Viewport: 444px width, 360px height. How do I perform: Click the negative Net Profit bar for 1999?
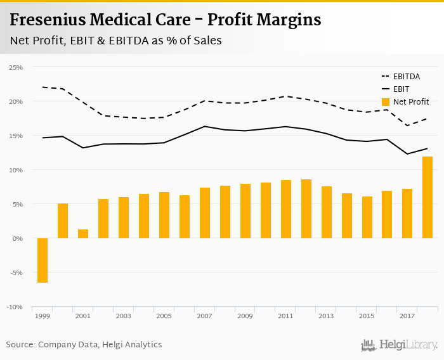(x=42, y=260)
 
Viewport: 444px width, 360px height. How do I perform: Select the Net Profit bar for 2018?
(x=428, y=197)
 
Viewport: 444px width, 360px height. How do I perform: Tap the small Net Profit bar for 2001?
(x=83, y=234)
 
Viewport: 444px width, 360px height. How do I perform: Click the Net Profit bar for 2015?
(x=367, y=217)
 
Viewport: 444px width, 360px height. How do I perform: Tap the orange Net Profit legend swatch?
(x=386, y=101)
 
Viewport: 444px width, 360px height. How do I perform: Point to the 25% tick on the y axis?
(x=15, y=67)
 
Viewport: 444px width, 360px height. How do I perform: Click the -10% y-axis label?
(x=15, y=307)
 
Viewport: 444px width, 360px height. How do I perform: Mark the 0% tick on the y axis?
(x=18, y=238)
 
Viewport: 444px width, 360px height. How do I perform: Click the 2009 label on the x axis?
(x=245, y=316)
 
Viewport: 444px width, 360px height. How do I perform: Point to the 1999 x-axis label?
(x=42, y=316)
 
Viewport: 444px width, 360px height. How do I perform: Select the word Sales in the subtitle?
(x=207, y=41)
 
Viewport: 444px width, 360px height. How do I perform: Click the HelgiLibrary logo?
(x=399, y=345)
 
